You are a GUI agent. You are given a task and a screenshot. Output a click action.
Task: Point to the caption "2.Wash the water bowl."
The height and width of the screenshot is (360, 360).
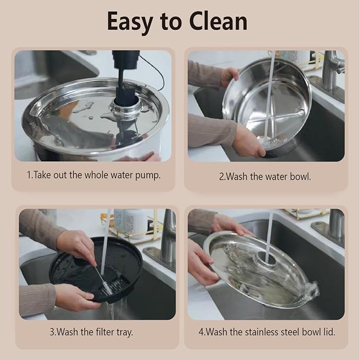[265, 177]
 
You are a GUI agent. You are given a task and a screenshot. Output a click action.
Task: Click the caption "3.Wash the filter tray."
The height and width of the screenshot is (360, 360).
[91, 332]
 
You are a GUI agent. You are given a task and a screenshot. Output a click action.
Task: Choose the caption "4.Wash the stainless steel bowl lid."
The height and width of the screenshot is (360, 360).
[267, 332]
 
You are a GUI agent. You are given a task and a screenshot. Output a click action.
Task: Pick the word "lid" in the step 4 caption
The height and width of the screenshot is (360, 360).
[328, 332]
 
